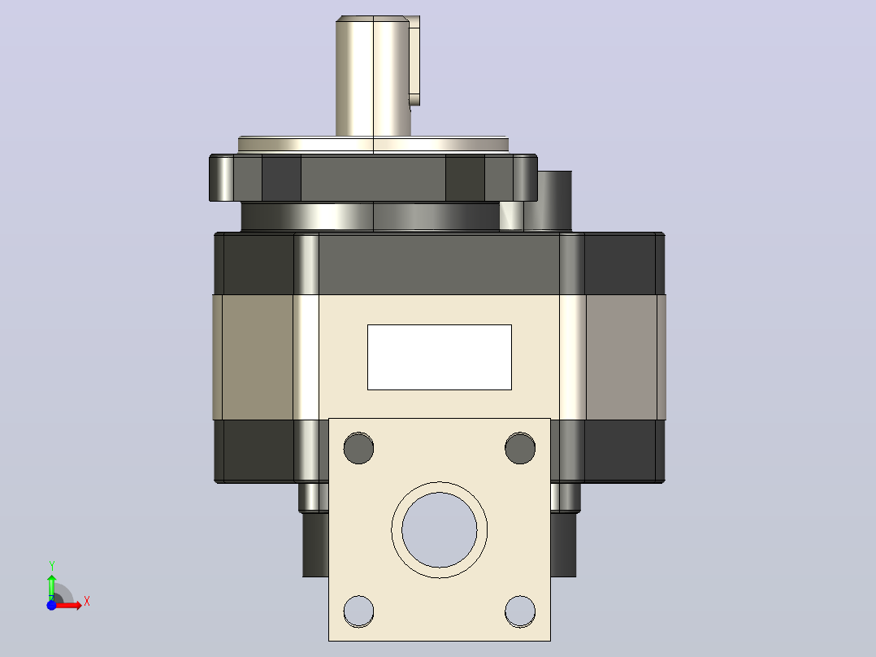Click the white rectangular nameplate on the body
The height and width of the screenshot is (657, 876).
pyautogui.click(x=439, y=357)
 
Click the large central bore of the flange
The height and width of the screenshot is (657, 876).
pyautogui.click(x=439, y=529)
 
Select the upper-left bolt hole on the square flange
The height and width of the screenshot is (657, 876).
pyautogui.click(x=358, y=448)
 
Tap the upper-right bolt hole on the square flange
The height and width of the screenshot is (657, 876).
pyautogui.click(x=520, y=448)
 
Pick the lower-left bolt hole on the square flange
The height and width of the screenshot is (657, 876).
pyautogui.click(x=358, y=611)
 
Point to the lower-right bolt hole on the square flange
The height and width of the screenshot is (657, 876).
pyautogui.click(x=520, y=611)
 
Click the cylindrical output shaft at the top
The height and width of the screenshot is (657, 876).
pyautogui.click(x=373, y=76)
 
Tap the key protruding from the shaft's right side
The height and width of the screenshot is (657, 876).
pyautogui.click(x=414, y=60)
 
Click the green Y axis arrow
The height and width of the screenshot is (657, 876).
pyautogui.click(x=52, y=586)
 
